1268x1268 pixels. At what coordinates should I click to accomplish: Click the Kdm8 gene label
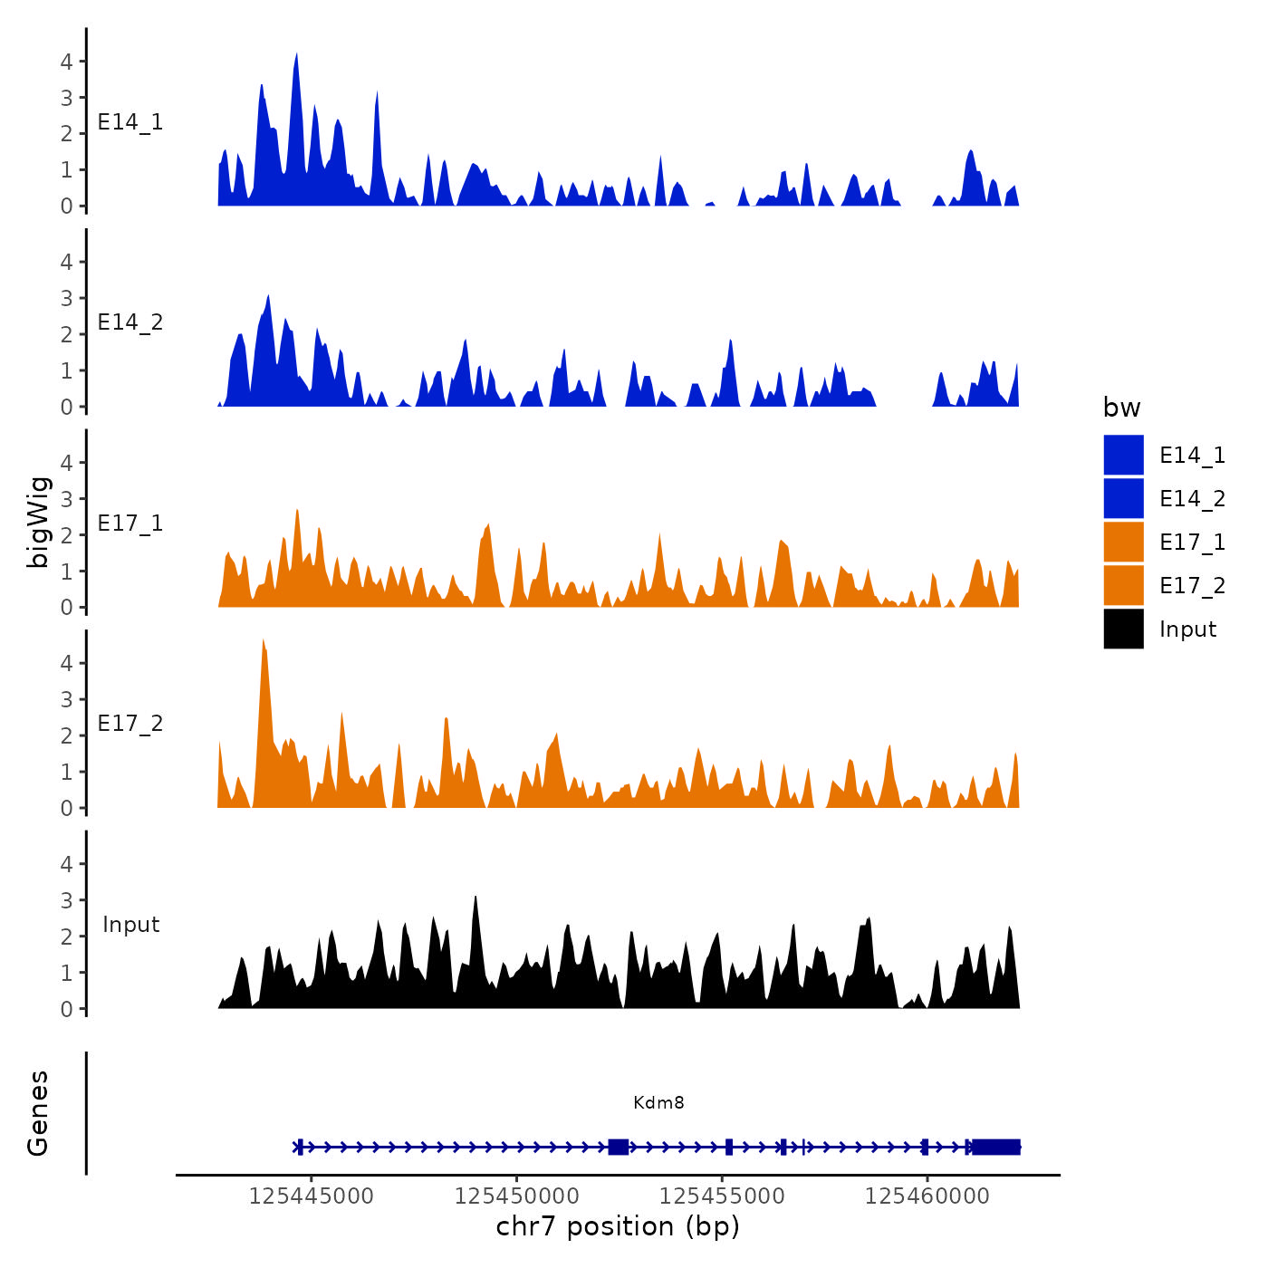[658, 1102]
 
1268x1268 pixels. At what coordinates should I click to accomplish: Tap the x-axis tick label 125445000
[311, 1196]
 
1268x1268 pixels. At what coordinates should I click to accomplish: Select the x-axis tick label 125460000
[927, 1196]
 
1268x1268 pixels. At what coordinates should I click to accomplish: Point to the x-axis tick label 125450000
[516, 1196]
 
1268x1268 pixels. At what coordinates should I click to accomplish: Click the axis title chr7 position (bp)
[618, 1226]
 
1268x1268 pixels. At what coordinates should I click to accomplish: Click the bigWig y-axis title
[38, 522]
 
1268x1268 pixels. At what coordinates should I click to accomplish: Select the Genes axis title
[38, 1113]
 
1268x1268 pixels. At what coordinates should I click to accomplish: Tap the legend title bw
[1121, 408]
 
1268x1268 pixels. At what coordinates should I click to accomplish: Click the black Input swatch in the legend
[1123, 629]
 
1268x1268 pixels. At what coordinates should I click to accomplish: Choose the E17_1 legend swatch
[1123, 542]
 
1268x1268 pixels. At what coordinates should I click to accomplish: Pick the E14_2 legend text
[1192, 499]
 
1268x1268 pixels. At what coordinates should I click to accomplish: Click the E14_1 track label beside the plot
[130, 122]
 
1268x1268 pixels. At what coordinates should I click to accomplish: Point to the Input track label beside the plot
[130, 925]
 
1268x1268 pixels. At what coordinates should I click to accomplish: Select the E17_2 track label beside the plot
[130, 724]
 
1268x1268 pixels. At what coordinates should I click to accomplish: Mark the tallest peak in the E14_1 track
[296, 56]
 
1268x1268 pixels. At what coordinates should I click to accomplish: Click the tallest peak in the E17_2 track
[264, 641]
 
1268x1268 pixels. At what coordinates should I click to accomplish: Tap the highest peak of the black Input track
[475, 898]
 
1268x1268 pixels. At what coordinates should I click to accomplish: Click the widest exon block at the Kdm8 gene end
[995, 1147]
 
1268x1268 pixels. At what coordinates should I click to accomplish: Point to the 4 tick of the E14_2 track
[66, 263]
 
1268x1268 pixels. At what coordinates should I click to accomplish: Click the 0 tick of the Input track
[66, 1009]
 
